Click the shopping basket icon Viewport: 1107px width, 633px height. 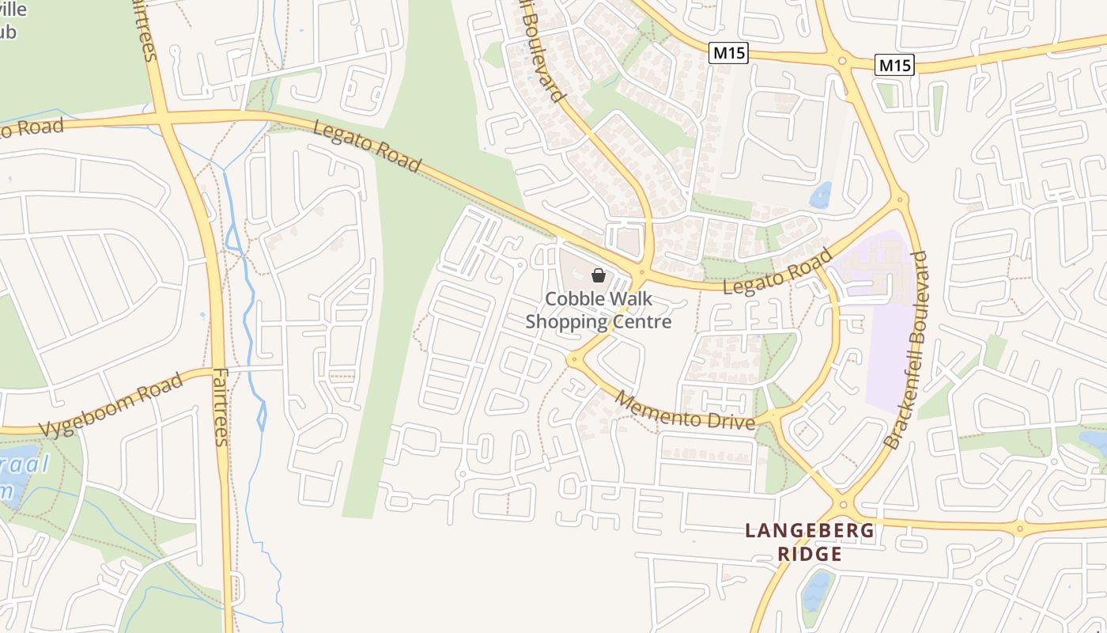(599, 275)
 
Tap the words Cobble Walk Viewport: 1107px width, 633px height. (599, 299)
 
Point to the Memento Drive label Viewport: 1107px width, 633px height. (685, 410)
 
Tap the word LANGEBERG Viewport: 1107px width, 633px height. (810, 531)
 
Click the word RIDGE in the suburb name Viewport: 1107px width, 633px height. (810, 554)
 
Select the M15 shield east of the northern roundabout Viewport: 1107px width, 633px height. (894, 65)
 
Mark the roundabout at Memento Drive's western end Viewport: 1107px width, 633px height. (573, 359)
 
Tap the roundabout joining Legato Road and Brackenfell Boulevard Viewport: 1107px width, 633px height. (900, 200)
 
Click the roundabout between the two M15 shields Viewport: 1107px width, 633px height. (842, 60)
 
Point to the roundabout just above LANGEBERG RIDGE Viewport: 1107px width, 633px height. (843, 503)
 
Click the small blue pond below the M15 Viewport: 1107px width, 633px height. (821, 195)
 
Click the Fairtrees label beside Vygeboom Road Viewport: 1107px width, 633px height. (221, 407)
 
